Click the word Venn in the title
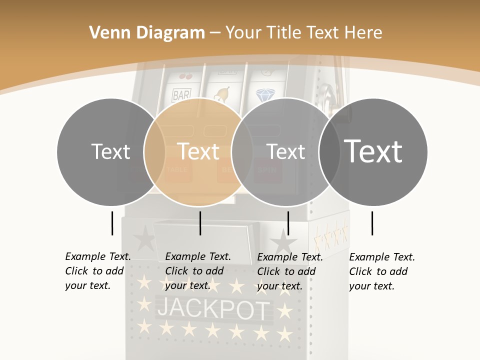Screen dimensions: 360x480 pos(103,33)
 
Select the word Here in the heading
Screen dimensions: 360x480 pos(363,33)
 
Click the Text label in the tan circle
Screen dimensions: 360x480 pos(198,151)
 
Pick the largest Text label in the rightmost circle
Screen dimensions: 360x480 pos(373,151)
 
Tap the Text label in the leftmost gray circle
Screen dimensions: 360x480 pos(110,151)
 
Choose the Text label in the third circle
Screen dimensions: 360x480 pos(285,151)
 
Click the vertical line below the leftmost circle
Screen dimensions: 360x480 pos(112,223)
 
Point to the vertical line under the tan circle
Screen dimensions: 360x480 pos(200,223)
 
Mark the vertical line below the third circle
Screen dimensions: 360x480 pos(288,223)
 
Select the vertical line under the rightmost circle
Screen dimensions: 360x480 pos(372,223)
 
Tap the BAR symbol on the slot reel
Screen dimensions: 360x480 pos(180,94)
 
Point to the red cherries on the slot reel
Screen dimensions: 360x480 pos(185,77)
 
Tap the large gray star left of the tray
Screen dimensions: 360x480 pos(144,238)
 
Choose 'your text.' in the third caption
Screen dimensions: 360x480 pos(280,286)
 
